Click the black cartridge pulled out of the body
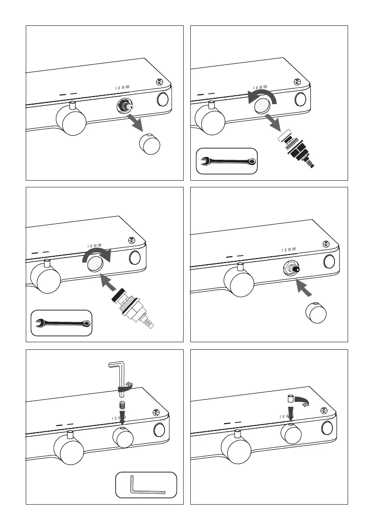[297, 150]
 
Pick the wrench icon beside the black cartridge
[227, 161]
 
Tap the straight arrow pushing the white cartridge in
[108, 285]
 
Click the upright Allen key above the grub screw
[118, 376]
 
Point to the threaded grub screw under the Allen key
[122, 406]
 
